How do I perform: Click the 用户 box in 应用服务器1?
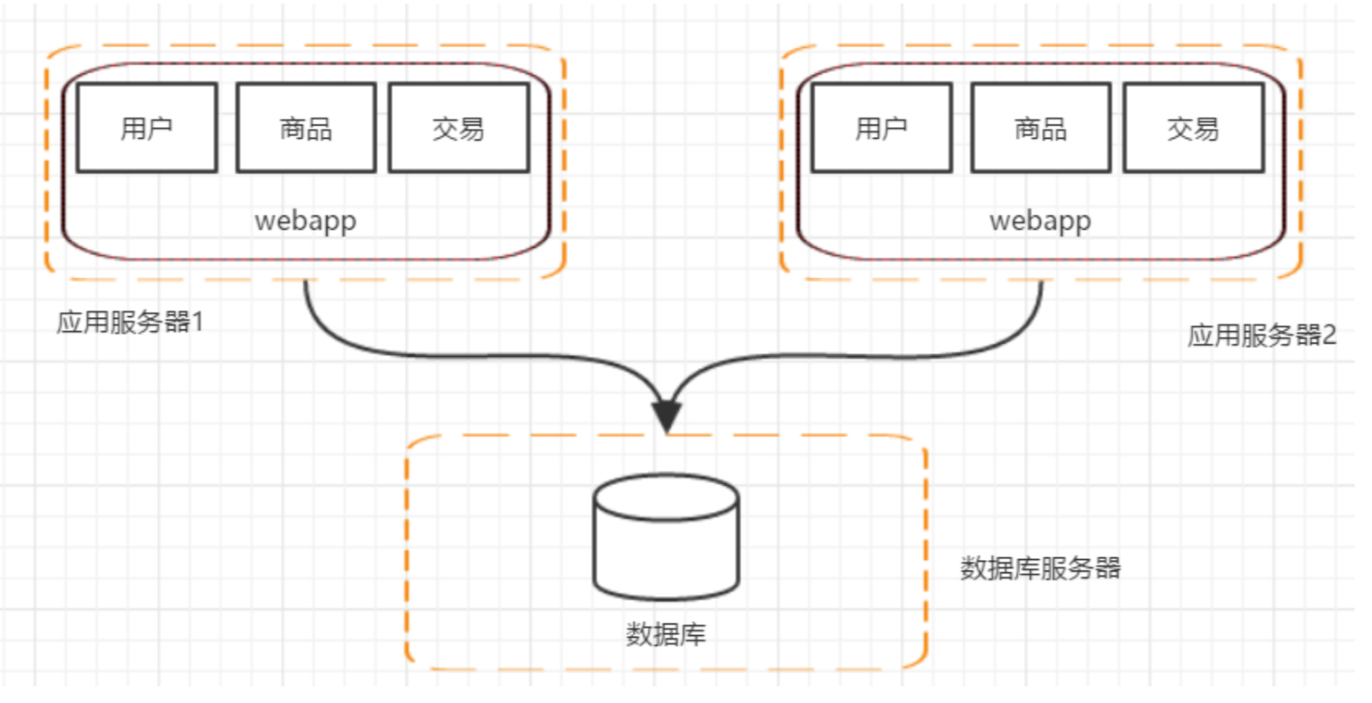click(147, 128)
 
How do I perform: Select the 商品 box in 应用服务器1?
click(305, 128)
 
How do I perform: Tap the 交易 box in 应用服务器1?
click(458, 128)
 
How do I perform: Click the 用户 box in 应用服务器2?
click(881, 128)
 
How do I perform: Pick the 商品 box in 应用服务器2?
click(1040, 128)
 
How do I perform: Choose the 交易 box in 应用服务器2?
click(1193, 128)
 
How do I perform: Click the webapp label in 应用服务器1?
click(305, 220)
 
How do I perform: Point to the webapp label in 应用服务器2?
click(1040, 220)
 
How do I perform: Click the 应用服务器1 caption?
click(130, 321)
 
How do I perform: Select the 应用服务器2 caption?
click(1261, 335)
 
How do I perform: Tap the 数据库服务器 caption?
click(1040, 567)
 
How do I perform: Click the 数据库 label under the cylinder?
click(666, 634)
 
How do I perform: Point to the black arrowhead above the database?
click(667, 416)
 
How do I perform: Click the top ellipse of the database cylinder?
click(666, 496)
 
